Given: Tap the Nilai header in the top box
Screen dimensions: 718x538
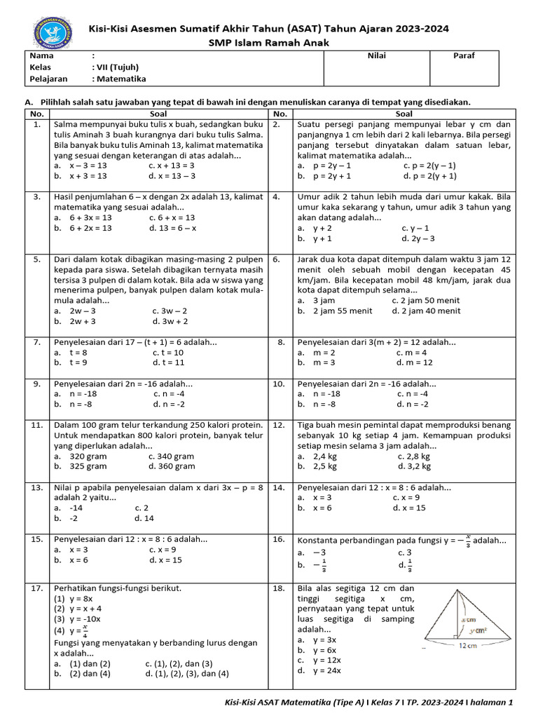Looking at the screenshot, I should (376, 56).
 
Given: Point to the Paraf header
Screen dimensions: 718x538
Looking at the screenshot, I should (463, 56).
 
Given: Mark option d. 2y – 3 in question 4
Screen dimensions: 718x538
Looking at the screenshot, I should (422, 238).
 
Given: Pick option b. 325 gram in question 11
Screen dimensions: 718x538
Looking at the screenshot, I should (81, 466).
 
